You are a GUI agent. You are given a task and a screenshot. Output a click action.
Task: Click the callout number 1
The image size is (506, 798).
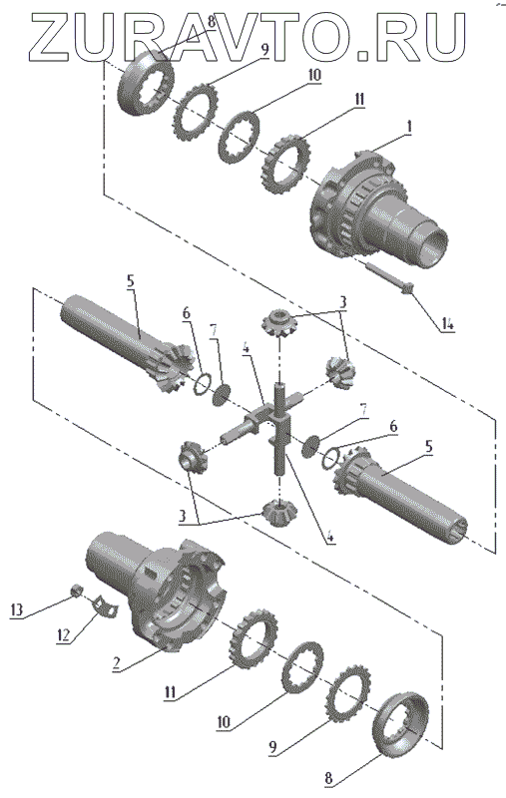[x=408, y=127]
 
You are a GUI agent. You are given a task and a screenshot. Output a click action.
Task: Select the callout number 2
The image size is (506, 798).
[x=117, y=664]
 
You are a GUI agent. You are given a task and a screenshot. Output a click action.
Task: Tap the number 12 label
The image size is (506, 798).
[x=64, y=636]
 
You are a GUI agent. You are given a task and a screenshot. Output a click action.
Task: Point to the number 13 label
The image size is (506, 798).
[x=16, y=609]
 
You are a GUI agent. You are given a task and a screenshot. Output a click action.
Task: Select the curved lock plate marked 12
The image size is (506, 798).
[x=105, y=606]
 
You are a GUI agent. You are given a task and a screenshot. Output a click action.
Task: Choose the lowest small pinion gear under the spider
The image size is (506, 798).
[x=280, y=513]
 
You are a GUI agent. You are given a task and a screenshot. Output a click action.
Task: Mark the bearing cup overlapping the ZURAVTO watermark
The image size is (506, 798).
[x=146, y=82]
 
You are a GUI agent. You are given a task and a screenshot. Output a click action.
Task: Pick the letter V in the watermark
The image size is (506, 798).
[x=220, y=37]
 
